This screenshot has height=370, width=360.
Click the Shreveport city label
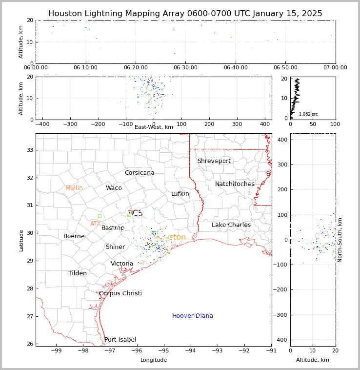click(x=214, y=161)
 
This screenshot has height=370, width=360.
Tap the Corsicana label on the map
click(x=140, y=173)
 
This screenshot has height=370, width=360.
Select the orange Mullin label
click(x=74, y=188)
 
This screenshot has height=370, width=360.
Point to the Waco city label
click(x=114, y=188)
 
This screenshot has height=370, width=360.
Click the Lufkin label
click(x=180, y=194)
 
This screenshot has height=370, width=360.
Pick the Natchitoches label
click(x=235, y=184)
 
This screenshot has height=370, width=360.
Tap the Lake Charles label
click(x=231, y=225)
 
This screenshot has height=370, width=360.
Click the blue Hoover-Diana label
click(x=193, y=316)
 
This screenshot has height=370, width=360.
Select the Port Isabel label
click(x=120, y=340)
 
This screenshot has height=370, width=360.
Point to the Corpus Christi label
click(x=120, y=293)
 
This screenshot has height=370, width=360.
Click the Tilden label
click(x=78, y=273)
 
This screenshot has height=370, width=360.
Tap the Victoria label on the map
click(x=122, y=264)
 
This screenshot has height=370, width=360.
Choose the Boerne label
click(x=74, y=236)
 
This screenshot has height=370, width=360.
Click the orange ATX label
click(x=95, y=224)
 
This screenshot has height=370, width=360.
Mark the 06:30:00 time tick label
click(x=185, y=67)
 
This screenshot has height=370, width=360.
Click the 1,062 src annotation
click(x=308, y=114)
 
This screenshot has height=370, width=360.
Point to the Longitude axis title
click(x=154, y=360)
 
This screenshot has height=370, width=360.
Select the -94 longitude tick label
click(x=190, y=350)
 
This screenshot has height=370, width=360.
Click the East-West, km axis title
click(x=154, y=127)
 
